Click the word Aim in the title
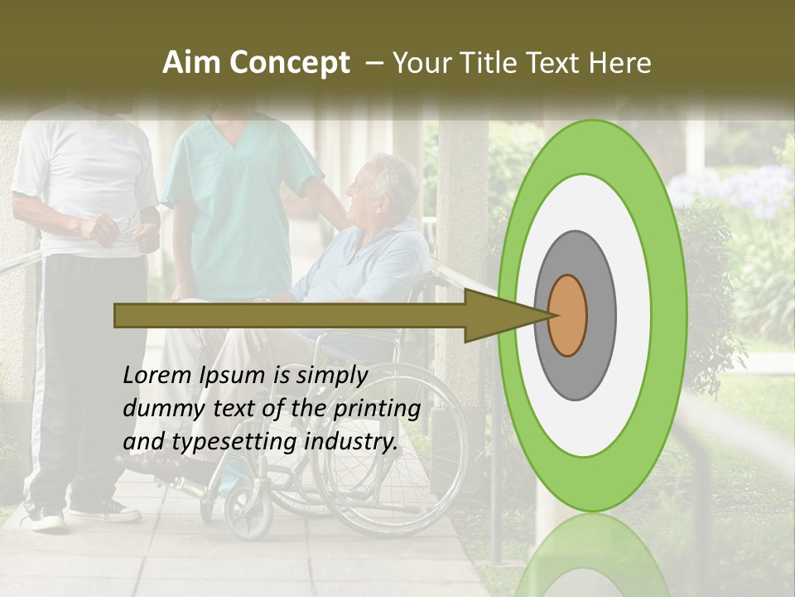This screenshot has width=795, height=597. pos(192,63)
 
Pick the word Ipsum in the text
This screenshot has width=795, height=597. pos(233,376)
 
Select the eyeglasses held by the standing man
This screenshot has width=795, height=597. pos(124,224)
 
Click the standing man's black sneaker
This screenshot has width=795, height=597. pos(46,518)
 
